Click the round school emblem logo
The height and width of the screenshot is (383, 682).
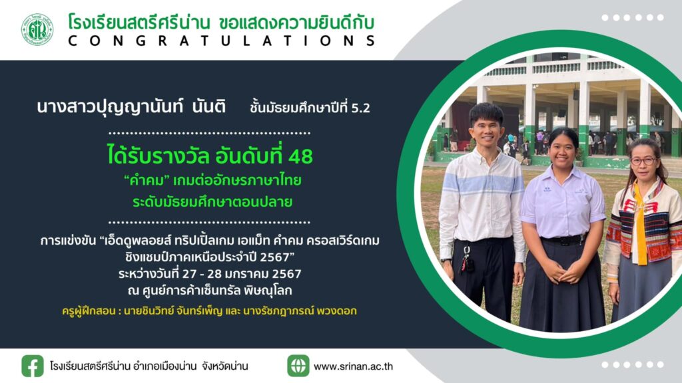coord(37,29)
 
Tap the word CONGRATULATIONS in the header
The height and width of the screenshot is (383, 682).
coord(222,41)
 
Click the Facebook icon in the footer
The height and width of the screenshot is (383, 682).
coord(33,366)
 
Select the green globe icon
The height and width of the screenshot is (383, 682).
coord(298,366)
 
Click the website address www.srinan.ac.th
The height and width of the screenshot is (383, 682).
coord(353,366)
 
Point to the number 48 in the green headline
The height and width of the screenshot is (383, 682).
coord(300,156)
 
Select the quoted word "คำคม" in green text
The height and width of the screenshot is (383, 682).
coord(146,180)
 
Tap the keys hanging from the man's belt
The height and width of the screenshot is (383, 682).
coord(467,260)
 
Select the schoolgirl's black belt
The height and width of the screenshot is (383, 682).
coord(564,239)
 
